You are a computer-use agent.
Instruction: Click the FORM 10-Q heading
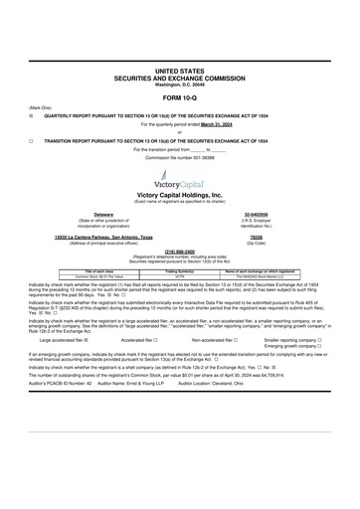[x=179, y=100]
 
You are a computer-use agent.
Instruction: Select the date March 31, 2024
[x=196, y=124]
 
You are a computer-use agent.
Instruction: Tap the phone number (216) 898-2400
[x=179, y=252]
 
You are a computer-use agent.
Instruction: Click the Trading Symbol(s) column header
[x=179, y=269]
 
